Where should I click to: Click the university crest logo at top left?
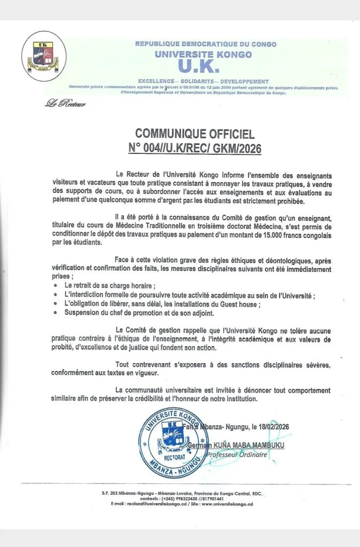click(x=44, y=56)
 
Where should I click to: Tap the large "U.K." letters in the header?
click(x=198, y=66)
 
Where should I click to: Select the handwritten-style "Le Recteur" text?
click(x=65, y=104)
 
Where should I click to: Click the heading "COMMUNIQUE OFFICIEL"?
click(x=195, y=134)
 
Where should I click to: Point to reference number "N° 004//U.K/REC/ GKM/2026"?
click(x=195, y=148)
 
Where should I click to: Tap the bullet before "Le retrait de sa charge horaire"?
click(x=57, y=286)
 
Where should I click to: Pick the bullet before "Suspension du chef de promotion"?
click(x=57, y=312)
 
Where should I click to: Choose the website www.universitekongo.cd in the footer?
click(x=224, y=504)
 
